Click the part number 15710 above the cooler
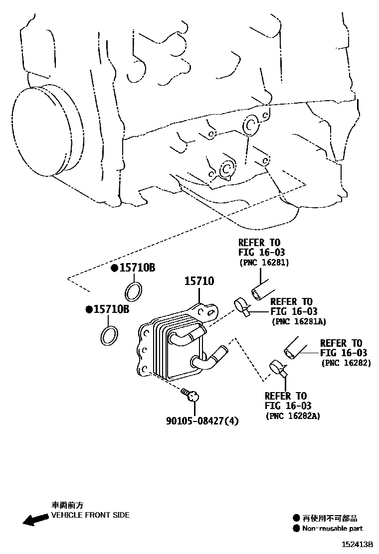[199, 281]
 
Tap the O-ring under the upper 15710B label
[133, 291]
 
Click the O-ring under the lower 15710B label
[110, 335]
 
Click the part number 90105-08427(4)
[202, 421]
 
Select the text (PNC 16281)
[264, 262]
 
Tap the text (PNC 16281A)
[298, 321]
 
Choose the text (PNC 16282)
[346, 363]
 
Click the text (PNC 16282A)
[293, 415]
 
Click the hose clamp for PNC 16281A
[241, 306]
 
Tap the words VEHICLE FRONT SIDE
[90, 515]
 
